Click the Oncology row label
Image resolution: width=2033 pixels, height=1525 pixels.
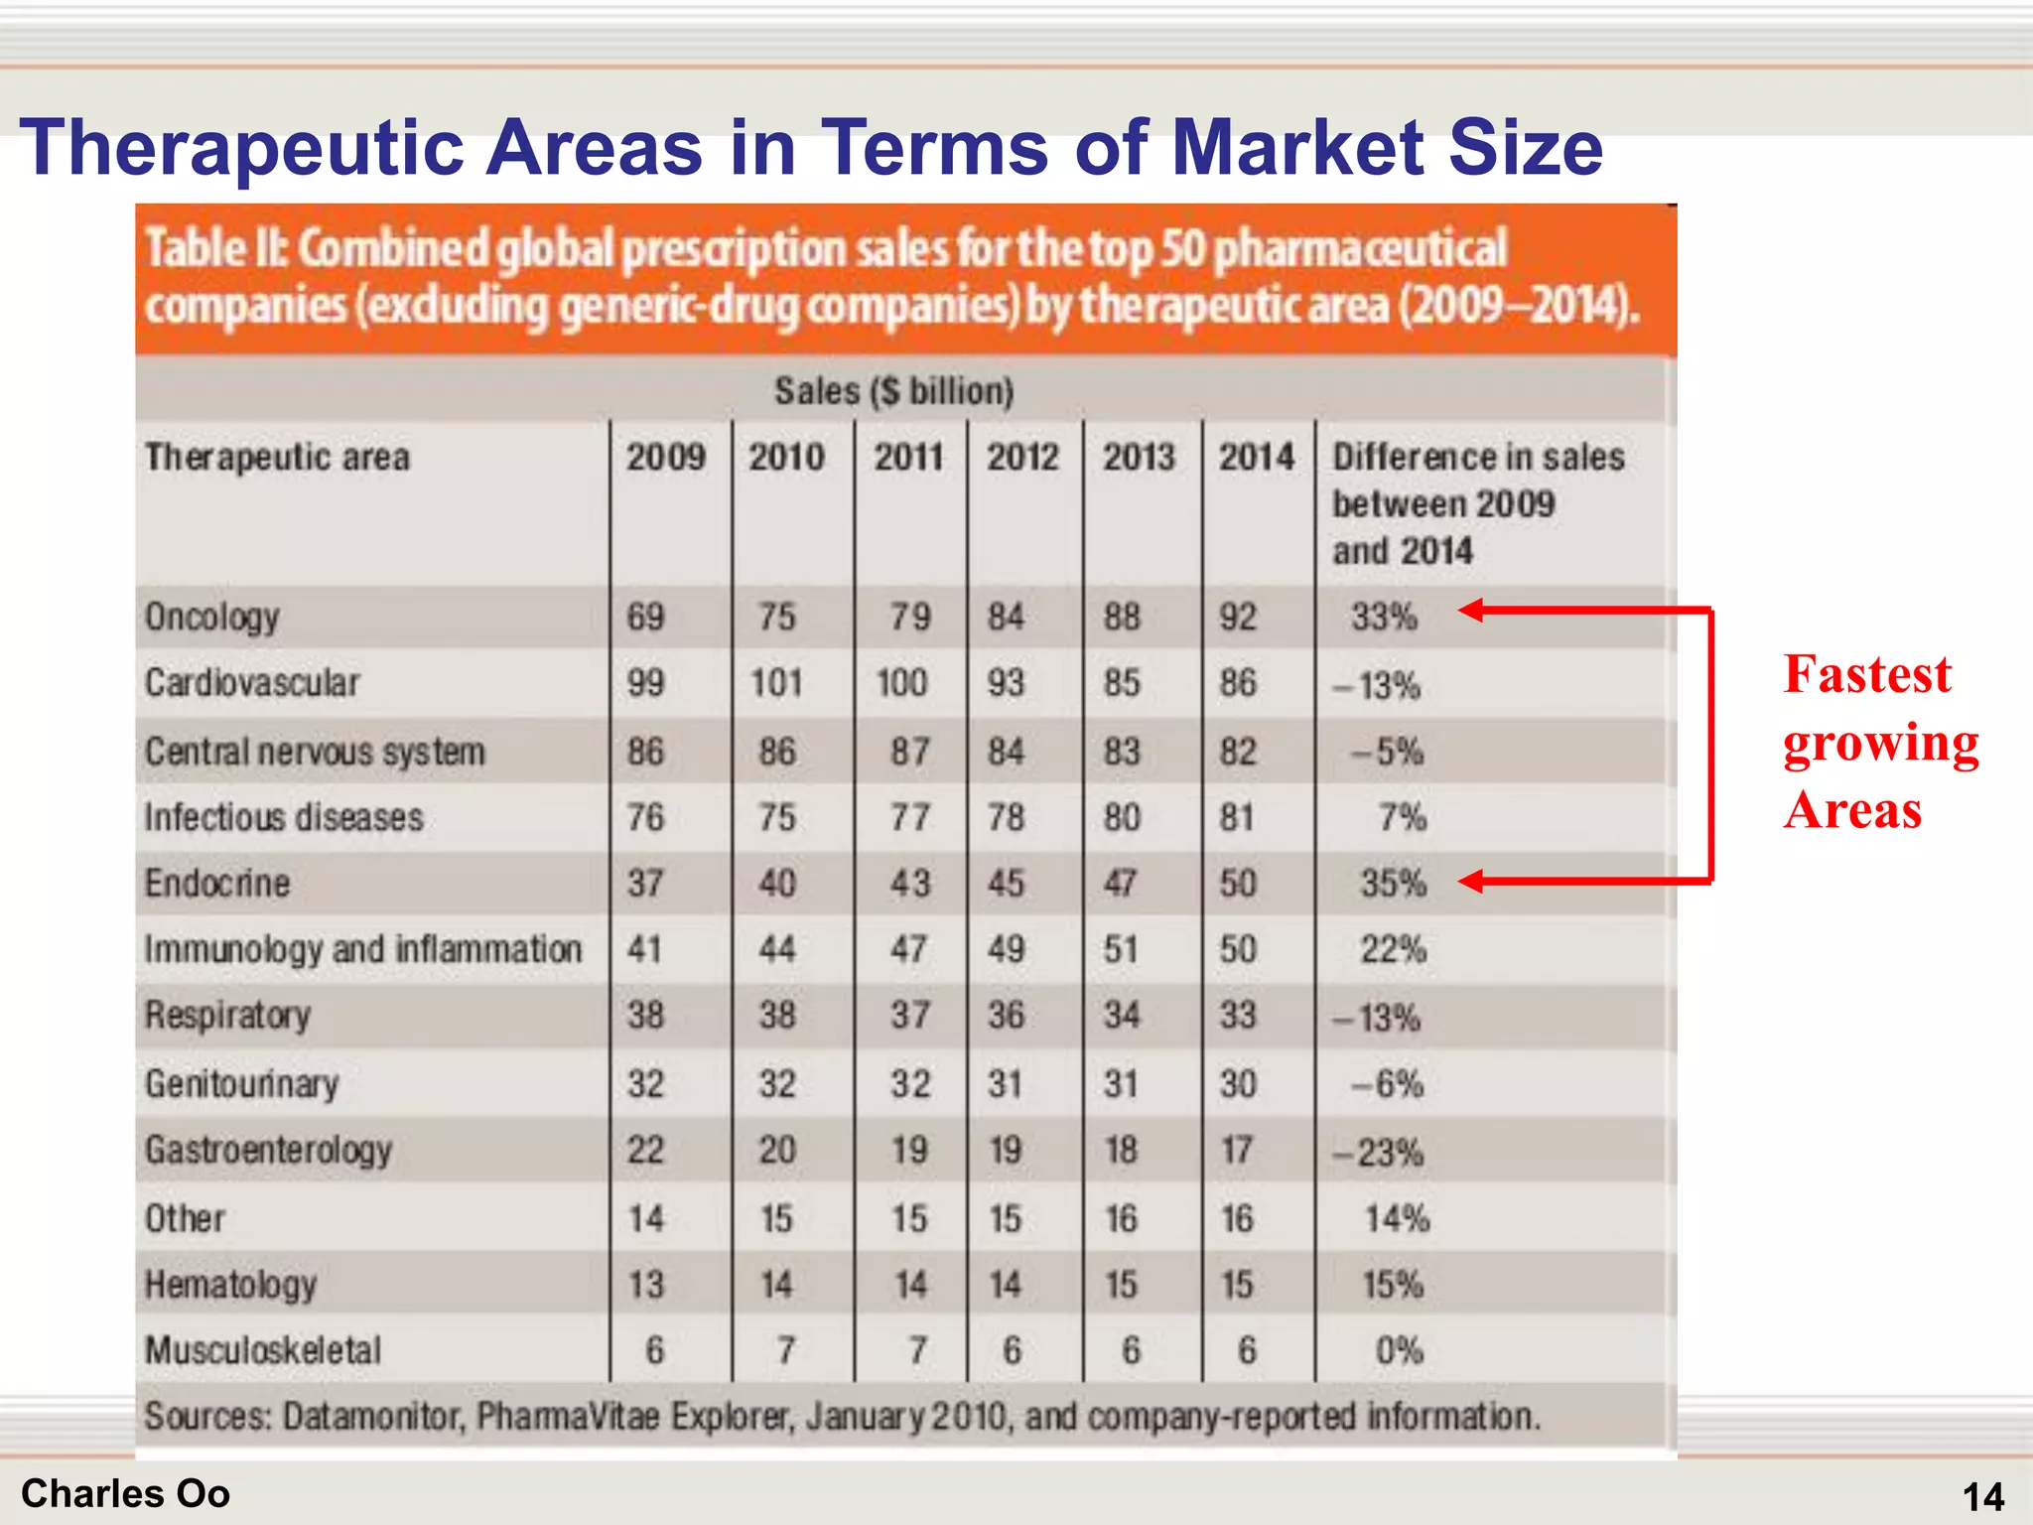tap(211, 617)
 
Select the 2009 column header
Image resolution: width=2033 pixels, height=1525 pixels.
tap(665, 458)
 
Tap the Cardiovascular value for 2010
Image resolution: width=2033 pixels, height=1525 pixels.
tap(776, 683)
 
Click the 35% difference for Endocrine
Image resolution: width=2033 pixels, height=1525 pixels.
tap(1393, 883)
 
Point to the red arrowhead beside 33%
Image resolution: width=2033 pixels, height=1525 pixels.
tap(1472, 610)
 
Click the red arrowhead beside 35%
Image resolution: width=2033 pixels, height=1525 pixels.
tap(1472, 881)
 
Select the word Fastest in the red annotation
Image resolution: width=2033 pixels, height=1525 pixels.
tap(1866, 674)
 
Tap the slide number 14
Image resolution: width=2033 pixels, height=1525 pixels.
tap(1982, 1496)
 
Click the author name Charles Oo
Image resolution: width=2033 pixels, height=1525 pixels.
tap(125, 1493)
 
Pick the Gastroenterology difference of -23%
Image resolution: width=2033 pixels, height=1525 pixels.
tap(1378, 1153)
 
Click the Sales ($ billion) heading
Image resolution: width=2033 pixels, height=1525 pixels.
tap(893, 391)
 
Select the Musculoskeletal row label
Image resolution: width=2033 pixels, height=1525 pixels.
tap(263, 1350)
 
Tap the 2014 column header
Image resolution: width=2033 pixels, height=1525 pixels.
tap(1256, 458)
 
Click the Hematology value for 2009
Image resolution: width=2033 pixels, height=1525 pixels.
tap(645, 1285)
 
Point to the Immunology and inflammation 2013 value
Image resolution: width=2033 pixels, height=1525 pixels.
tap(1121, 949)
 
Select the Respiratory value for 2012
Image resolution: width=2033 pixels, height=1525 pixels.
tap(1005, 1016)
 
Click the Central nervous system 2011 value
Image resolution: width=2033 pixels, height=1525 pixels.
tap(909, 752)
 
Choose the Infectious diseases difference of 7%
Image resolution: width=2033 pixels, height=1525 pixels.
tap(1402, 817)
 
